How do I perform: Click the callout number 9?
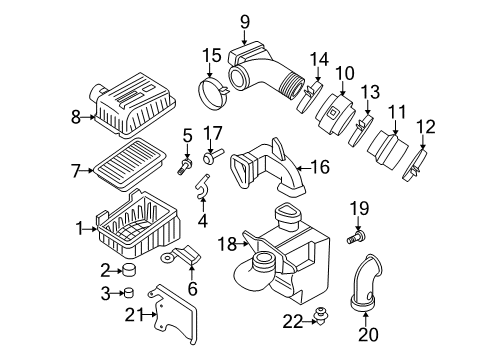pos(244,21)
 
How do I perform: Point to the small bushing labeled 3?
pos(155,293)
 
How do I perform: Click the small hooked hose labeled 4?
pos(202,187)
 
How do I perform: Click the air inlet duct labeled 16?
pos(268,168)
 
